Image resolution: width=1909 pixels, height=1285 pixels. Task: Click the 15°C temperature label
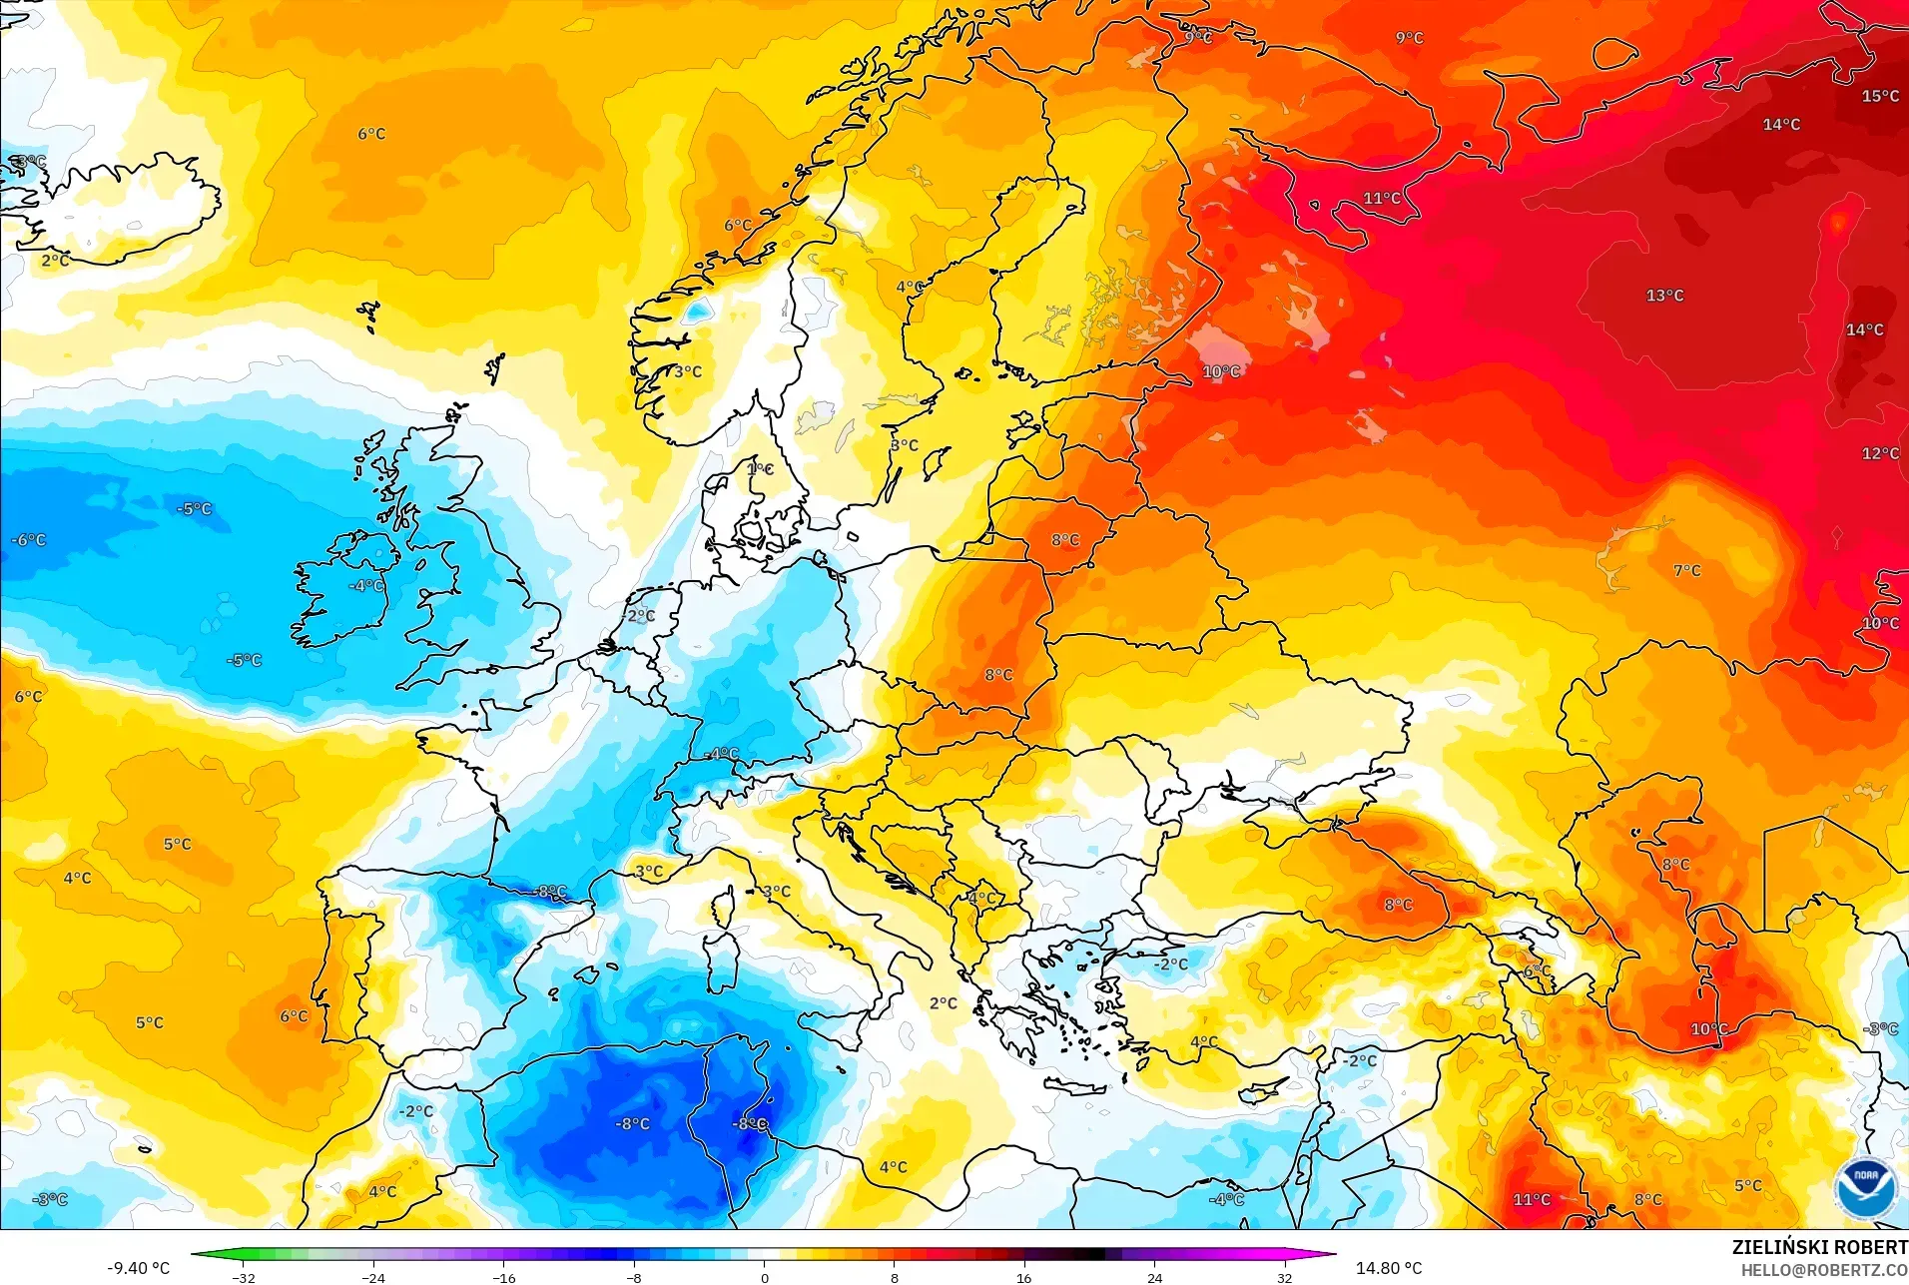coord(1880,97)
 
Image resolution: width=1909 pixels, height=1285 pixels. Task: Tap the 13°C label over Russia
coord(1664,296)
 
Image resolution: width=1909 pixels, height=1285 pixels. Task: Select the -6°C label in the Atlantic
coord(29,540)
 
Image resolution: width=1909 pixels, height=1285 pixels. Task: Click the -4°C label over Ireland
coord(366,586)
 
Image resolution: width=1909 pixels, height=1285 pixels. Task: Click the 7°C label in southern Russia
coord(1686,571)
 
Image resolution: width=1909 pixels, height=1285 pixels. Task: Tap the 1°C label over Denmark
coord(760,469)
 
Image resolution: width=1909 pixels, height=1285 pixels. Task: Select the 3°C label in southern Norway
coord(687,371)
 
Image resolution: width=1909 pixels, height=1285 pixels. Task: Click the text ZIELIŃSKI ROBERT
coord(1819,1248)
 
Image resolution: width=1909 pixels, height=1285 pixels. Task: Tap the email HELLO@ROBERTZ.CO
coord(1824,1271)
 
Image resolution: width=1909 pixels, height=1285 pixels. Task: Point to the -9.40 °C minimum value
coord(139,1268)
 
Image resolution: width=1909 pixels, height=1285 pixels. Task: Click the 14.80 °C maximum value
coord(1388,1268)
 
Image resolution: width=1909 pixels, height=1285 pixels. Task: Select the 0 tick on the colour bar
coord(765,1278)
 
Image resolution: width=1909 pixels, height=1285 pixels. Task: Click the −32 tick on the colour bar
coord(244,1278)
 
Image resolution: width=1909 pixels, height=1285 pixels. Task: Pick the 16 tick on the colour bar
coord(1024,1278)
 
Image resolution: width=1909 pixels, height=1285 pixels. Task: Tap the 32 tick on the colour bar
coord(1284,1278)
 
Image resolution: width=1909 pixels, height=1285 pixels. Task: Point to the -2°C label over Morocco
coord(415,1111)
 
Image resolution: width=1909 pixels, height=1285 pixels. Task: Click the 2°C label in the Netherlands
coord(641,616)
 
